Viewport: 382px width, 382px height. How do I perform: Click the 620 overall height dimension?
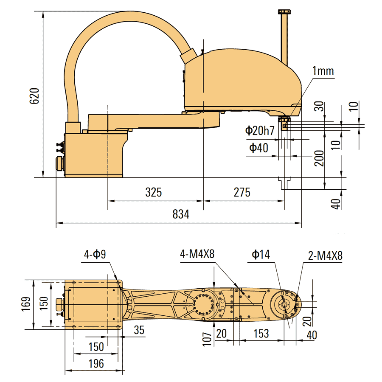(34, 96)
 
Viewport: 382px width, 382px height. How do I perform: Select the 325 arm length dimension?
(154, 192)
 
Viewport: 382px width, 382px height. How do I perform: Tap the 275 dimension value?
(242, 192)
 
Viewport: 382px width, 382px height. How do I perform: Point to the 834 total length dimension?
(181, 214)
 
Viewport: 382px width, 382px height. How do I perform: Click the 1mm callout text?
(323, 71)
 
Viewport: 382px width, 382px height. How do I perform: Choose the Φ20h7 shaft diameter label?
(260, 131)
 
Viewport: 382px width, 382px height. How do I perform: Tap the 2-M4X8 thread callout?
(325, 256)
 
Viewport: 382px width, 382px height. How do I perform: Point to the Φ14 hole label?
(261, 254)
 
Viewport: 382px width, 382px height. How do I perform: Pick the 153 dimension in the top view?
(261, 334)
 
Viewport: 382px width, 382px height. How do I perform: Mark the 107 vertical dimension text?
(207, 339)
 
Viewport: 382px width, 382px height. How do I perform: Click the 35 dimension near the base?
(139, 330)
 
